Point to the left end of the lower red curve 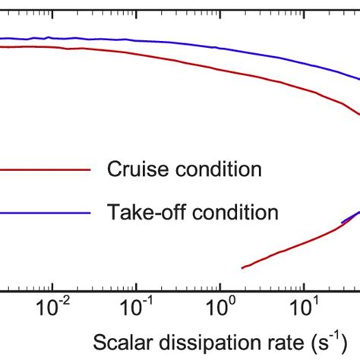pyautogui.click(x=242, y=267)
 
